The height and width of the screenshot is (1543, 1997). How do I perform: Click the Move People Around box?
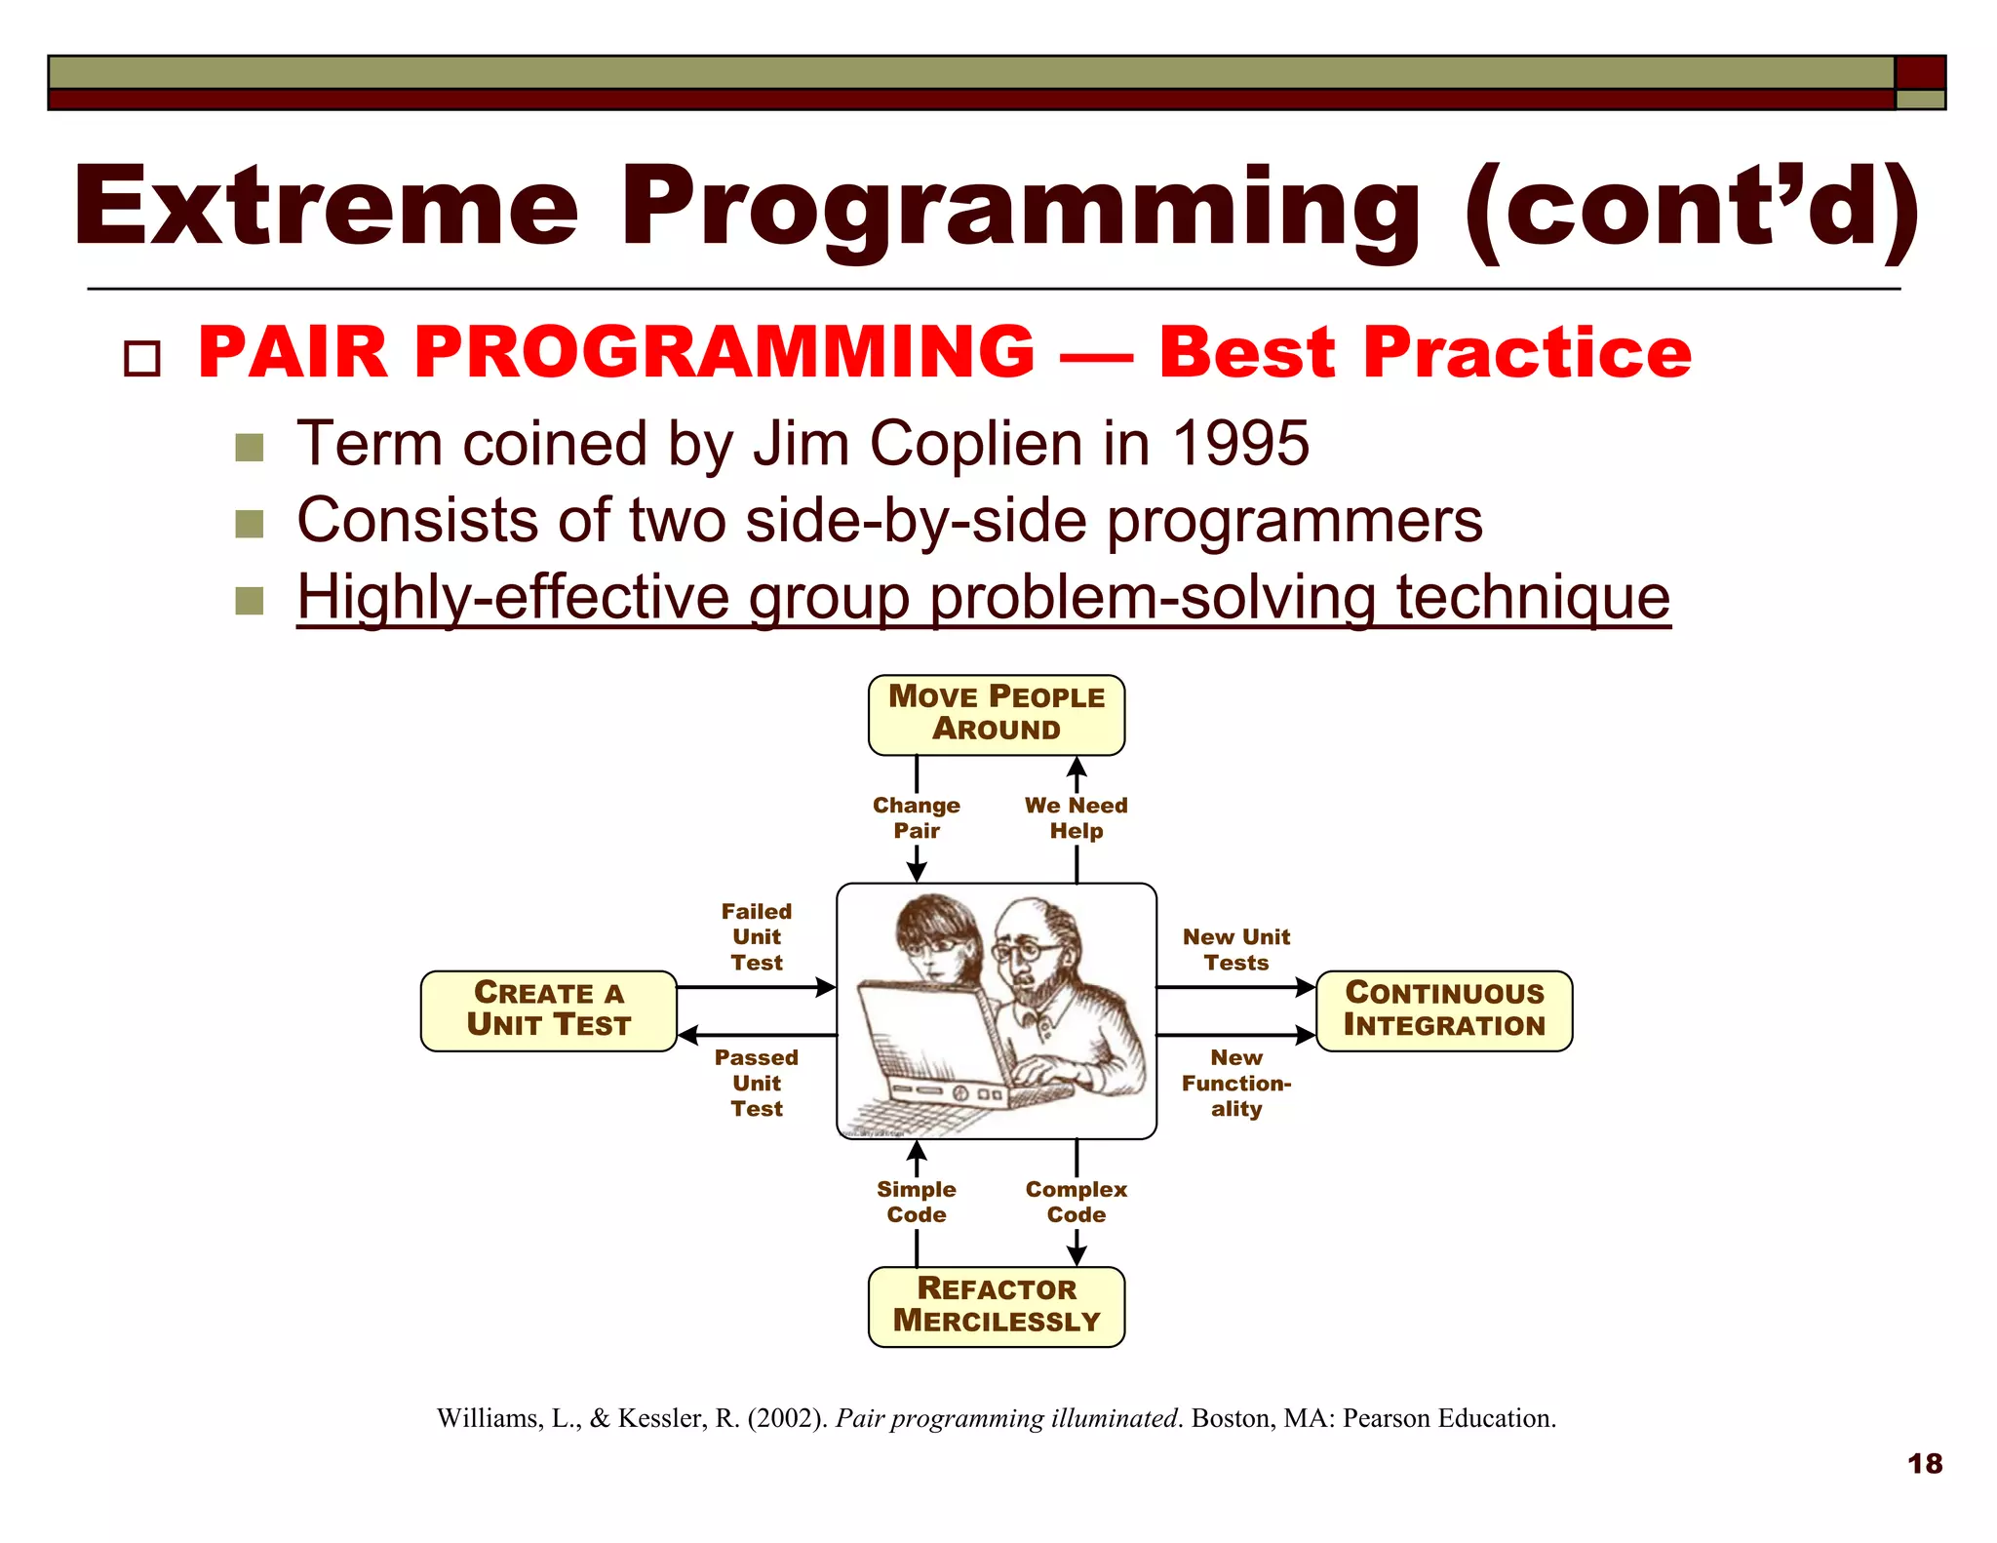point(996,714)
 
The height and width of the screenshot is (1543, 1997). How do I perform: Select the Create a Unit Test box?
point(548,1010)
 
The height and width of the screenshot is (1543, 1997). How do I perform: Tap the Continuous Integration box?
point(1443,1010)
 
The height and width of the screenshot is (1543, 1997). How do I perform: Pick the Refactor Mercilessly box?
point(996,1306)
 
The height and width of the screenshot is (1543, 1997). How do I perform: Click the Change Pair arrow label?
point(916,817)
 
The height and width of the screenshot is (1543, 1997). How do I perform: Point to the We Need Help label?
point(1076,817)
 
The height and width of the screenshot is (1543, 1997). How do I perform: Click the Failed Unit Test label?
point(757,936)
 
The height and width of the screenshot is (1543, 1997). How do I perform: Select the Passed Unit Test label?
point(757,1083)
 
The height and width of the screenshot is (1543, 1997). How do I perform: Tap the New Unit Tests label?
point(1235,949)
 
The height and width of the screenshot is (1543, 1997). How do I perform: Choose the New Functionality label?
point(1235,1083)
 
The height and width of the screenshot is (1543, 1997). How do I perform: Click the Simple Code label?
point(916,1202)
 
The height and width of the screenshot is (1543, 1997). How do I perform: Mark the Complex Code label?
point(1076,1202)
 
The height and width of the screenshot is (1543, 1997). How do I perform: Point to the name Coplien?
point(978,444)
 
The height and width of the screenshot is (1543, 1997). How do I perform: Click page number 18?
point(1924,1463)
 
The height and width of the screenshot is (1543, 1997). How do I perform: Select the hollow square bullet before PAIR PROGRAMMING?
point(142,358)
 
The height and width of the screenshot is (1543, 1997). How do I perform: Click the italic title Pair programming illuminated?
point(1006,1418)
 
